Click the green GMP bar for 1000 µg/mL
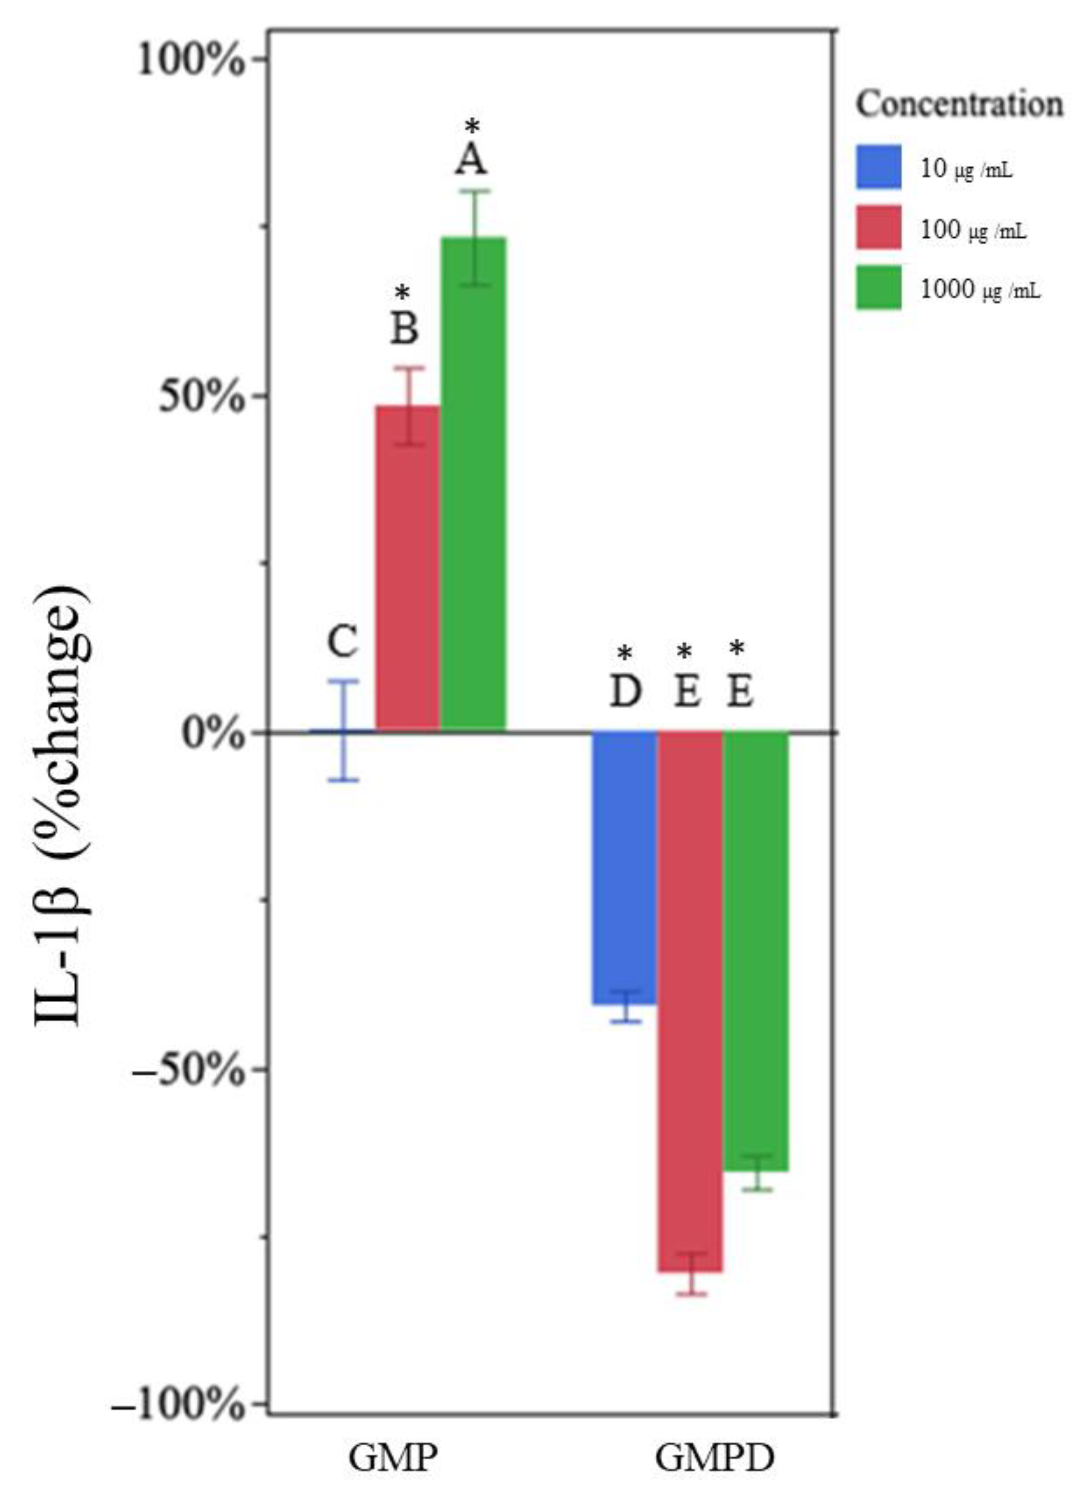click(x=473, y=485)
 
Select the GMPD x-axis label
click(x=715, y=1454)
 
